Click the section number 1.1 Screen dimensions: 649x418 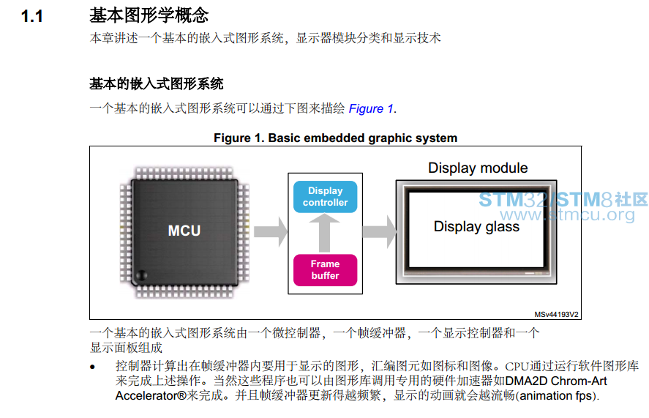point(32,17)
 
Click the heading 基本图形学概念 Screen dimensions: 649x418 point(149,15)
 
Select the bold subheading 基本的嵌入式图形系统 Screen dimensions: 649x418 point(157,83)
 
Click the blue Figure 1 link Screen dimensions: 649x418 point(371,108)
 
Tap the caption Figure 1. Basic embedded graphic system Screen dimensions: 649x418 point(335,138)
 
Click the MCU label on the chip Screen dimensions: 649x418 point(184,231)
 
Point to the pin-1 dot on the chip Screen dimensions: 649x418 point(141,275)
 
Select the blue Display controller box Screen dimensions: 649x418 point(326,197)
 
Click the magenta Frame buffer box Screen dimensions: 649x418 point(326,269)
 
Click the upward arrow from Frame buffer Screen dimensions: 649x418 point(325,233)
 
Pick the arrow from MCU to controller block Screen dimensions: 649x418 point(271,231)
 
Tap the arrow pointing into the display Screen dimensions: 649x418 point(380,231)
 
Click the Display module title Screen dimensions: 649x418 point(478,168)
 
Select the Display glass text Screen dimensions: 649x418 point(476,227)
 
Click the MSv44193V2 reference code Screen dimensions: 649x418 point(556,315)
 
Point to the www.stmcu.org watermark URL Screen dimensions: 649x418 point(567,214)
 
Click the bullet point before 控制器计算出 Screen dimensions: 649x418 point(92,367)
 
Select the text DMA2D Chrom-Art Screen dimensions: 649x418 point(556,381)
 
